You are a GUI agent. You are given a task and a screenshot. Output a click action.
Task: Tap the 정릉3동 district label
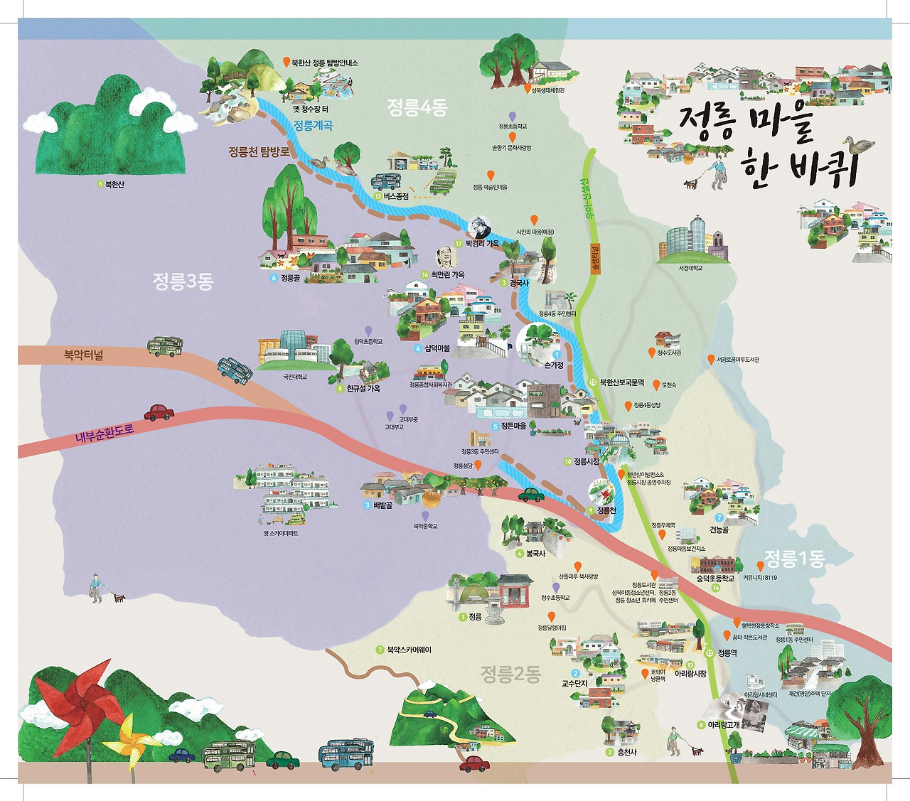point(183,281)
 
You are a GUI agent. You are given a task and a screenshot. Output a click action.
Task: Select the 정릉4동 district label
point(417,108)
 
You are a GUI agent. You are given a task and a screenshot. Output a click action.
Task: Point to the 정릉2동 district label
point(510,673)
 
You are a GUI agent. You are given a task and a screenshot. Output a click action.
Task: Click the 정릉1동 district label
point(793,559)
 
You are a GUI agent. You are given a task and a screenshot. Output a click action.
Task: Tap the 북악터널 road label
point(83,355)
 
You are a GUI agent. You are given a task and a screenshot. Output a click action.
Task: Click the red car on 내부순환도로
point(159,412)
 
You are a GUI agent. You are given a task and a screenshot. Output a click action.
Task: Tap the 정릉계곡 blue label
point(313,126)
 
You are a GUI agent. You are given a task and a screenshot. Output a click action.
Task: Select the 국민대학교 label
point(294,377)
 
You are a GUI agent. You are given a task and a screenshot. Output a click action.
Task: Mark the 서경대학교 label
point(690,269)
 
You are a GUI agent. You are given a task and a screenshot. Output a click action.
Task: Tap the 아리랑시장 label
point(690,674)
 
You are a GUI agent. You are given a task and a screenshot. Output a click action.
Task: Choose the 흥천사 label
point(626,752)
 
